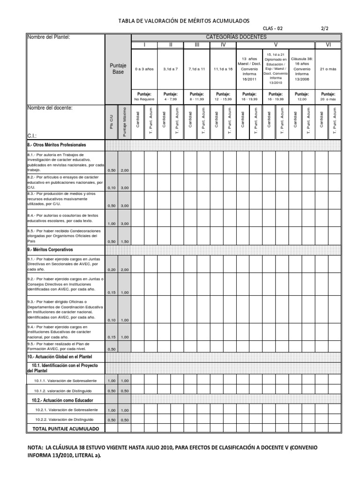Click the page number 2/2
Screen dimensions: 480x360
(325, 29)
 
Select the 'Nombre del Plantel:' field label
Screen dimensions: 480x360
(49, 37)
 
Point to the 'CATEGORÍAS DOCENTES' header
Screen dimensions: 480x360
(236, 37)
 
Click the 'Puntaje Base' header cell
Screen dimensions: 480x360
(118, 69)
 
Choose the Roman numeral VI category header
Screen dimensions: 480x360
(328, 45)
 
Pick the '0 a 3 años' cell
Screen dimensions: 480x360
(144, 69)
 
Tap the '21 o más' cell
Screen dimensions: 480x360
(328, 69)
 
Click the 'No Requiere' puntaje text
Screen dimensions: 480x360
(144, 99)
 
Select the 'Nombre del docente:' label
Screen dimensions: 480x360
(50, 108)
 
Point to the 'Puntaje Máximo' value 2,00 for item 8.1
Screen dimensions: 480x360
(124, 170)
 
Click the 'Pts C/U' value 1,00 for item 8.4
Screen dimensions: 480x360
(112, 224)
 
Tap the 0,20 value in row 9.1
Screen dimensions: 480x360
(112, 270)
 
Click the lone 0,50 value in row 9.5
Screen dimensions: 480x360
(112, 349)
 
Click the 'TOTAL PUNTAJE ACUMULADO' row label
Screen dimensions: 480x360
(66, 429)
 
